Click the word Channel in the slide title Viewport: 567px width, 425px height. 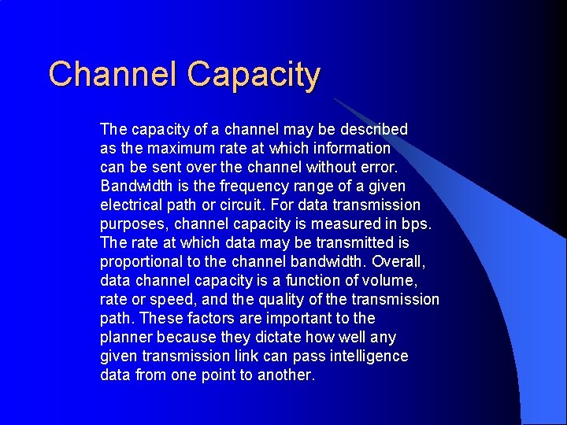pyautogui.click(x=113, y=75)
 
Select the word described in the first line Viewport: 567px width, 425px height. pyautogui.click(x=372, y=129)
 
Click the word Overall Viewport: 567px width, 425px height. pyautogui.click(x=398, y=261)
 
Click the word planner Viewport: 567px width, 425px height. pyautogui.click(x=126, y=337)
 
